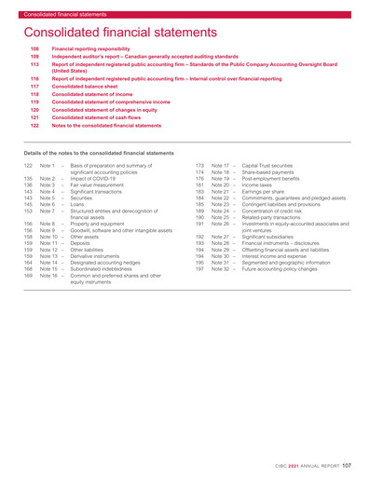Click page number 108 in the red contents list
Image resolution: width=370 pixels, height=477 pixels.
[36, 47]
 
